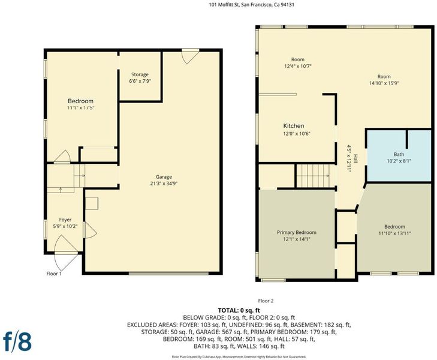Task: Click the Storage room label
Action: [140, 75]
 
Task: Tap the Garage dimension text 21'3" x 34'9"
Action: [164, 184]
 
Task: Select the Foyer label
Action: [65, 220]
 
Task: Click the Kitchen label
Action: [294, 126]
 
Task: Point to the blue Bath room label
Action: [399, 154]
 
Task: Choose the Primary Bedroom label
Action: [297, 232]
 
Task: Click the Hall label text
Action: [355, 158]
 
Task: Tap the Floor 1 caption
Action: [54, 274]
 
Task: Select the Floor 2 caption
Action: [266, 301]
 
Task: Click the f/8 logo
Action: [17, 341]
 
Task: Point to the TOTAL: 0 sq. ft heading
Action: [239, 310]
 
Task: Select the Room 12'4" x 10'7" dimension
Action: [298, 66]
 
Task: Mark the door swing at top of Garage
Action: [190, 57]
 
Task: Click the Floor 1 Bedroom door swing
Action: [62, 157]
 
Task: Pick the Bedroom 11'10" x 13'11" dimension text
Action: [394, 233]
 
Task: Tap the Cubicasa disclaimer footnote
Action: [239, 356]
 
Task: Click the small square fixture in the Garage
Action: [92, 203]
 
